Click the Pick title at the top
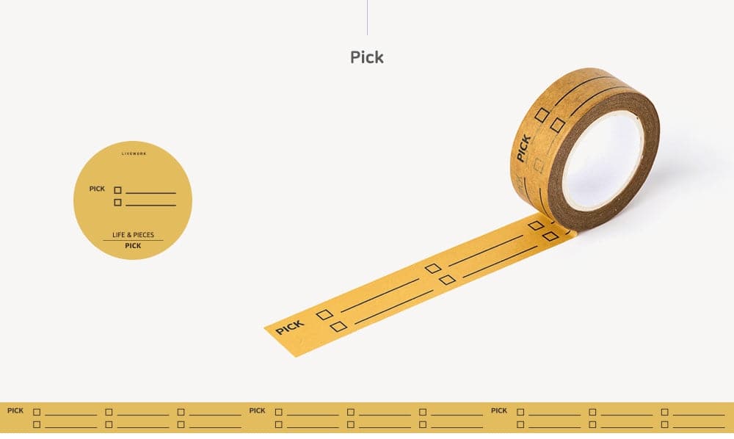[367, 57]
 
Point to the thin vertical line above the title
[367, 18]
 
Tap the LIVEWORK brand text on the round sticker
[134, 153]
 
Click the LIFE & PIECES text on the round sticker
[133, 235]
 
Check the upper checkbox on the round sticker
[117, 190]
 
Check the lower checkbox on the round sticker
[117, 202]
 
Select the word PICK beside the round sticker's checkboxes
[98, 189]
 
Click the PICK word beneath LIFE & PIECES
[133, 246]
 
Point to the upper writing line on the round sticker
[150, 193]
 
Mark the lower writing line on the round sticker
[150, 205]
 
